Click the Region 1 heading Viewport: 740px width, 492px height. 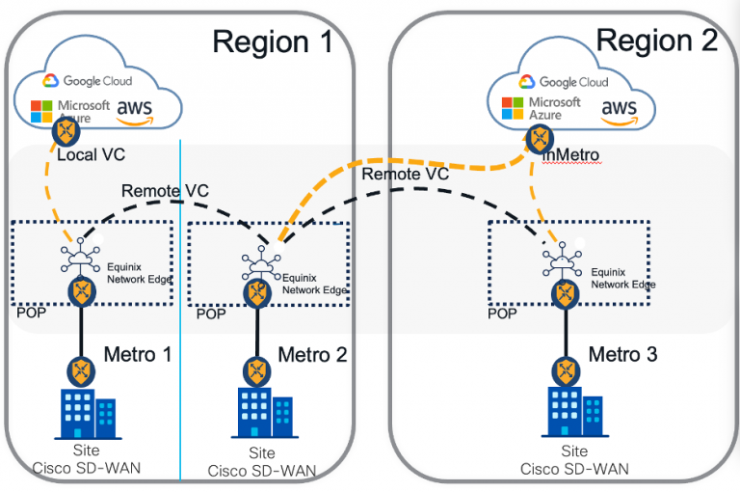tap(272, 41)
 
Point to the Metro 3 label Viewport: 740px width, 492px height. tap(623, 354)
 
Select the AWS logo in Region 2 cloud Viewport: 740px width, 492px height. tap(619, 109)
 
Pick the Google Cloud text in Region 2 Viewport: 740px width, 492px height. tap(577, 83)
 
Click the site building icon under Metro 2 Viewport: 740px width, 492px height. tap(255, 415)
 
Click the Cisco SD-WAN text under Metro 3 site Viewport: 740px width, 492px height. tap(575, 469)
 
